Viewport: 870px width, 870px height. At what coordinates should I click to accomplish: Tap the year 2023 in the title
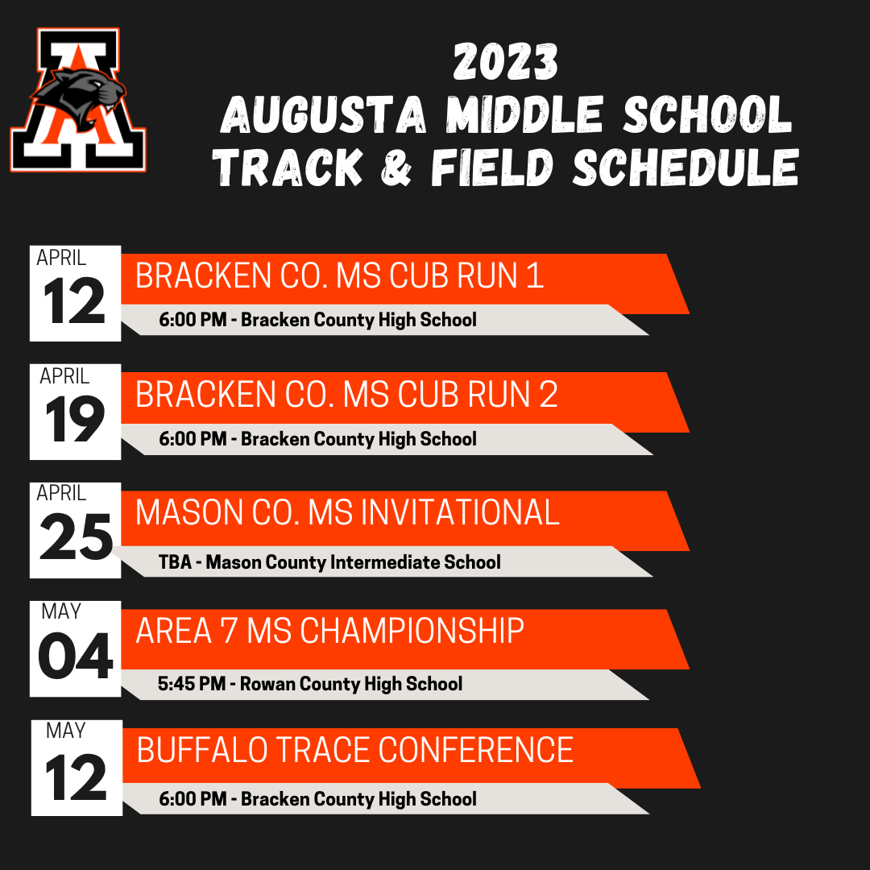coord(505,62)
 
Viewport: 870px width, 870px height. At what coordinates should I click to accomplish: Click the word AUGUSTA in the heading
coord(324,115)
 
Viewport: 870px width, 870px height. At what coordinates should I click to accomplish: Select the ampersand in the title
coord(396,167)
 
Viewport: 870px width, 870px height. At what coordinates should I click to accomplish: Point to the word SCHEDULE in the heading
coord(686,167)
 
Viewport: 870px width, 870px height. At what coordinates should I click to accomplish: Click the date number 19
coord(75,420)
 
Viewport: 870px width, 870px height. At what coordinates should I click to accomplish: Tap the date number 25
coord(76,536)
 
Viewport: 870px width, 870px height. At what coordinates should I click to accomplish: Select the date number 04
coord(76,656)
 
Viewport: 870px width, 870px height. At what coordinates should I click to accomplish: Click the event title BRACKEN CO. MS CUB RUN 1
coord(340,275)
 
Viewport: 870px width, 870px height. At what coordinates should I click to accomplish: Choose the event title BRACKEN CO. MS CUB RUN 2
coord(346,395)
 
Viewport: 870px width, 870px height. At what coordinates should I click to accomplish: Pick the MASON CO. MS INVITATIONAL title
coord(347,512)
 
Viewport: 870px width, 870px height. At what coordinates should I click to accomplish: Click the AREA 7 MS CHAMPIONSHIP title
coord(330,631)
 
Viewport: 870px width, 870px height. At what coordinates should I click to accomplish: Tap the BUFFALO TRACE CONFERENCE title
coord(355,750)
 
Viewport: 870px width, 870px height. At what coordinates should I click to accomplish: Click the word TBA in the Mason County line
coord(176,562)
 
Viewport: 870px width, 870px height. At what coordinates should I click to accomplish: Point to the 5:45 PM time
coord(192,684)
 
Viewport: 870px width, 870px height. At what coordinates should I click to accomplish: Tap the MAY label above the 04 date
coord(61,611)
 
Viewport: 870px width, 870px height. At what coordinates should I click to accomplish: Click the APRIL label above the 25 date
coord(61,493)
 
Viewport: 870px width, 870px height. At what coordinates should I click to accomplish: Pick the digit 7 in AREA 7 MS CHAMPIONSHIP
coord(229,631)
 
